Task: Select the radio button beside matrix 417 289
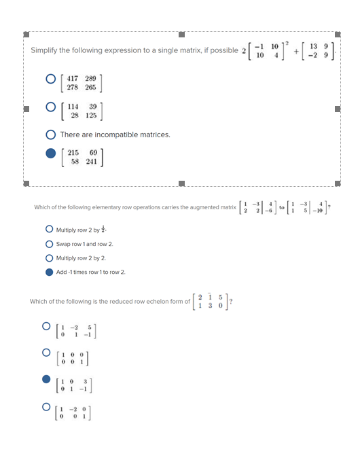click(x=51, y=78)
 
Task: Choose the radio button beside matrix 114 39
click(x=51, y=107)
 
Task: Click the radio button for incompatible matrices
click(x=51, y=135)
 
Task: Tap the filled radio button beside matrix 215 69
click(x=51, y=154)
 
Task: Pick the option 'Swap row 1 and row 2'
click(x=49, y=244)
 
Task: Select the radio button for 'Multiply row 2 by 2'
click(x=49, y=258)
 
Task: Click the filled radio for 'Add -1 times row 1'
click(x=49, y=272)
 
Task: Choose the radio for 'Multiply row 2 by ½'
click(x=49, y=230)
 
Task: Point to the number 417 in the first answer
click(x=73, y=79)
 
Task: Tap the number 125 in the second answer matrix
click(x=91, y=116)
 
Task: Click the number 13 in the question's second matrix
click(x=313, y=46)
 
